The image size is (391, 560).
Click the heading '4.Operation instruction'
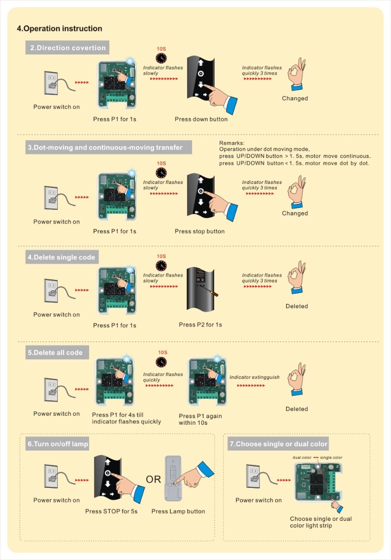pos(60,29)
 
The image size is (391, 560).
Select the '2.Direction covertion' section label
pos(67,48)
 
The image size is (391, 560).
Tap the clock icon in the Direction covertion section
pos(161,59)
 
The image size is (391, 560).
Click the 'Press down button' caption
pos(201,119)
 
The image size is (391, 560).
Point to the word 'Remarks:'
pos(232,143)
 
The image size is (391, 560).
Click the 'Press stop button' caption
pos(199,231)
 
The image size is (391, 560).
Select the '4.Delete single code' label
pos(62,258)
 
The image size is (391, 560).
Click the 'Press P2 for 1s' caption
pos(200,325)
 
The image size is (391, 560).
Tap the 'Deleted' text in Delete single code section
pos(297,306)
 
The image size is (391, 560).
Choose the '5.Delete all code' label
pos(55,353)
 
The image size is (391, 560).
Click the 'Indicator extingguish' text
pos(255,377)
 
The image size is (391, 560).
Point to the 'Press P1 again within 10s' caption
pos(200,420)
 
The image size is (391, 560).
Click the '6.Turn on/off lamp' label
pos(58,444)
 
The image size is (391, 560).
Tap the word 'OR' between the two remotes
pos(154,479)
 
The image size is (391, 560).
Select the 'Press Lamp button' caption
pos(178,511)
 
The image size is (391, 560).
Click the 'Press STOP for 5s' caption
pos(112,511)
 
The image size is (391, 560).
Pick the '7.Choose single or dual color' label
pos(279,444)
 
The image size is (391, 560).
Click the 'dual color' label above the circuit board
pos(302,457)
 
